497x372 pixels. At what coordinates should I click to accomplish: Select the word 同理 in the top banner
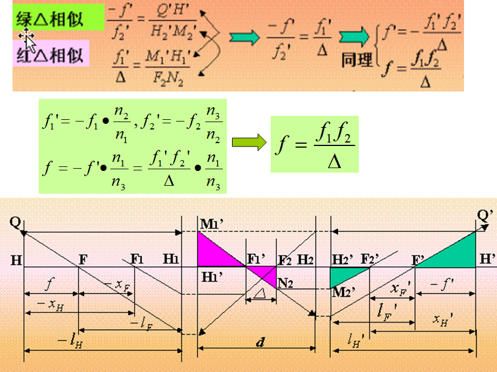tap(358, 59)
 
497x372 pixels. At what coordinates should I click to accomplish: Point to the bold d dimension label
tap(260, 343)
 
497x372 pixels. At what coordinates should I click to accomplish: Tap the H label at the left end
tap(16, 260)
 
